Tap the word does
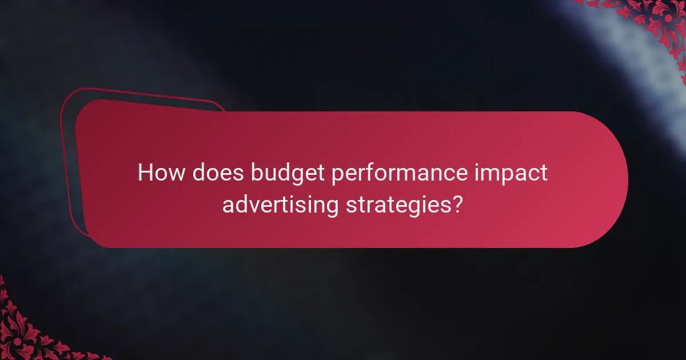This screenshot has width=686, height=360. [x=216, y=173]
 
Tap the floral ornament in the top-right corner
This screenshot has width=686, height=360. [x=657, y=23]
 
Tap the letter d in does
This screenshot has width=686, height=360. [x=199, y=173]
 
